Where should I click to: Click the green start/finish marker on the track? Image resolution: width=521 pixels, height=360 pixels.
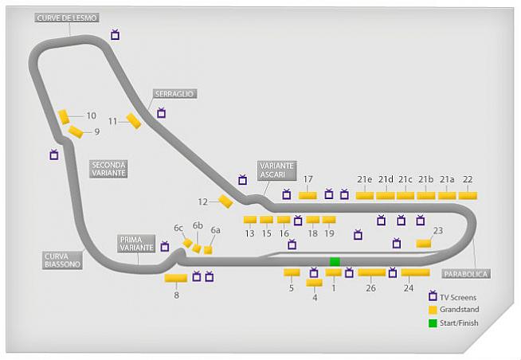pyautogui.click(x=335, y=261)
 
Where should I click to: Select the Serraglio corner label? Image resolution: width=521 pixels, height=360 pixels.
pyautogui.click(x=174, y=94)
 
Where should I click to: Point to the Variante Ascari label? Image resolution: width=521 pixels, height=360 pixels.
pyautogui.click(x=276, y=170)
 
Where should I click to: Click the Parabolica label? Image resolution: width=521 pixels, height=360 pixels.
pyautogui.click(x=466, y=273)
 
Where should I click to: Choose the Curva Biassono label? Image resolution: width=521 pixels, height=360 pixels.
pyautogui.click(x=63, y=260)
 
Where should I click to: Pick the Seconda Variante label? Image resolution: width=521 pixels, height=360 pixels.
pyautogui.click(x=108, y=168)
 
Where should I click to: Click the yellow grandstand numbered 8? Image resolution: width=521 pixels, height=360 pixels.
pyautogui.click(x=175, y=278)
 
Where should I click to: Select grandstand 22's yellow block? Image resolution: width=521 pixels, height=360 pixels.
pyautogui.click(x=468, y=195)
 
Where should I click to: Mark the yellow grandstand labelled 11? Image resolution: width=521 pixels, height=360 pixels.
pyautogui.click(x=133, y=121)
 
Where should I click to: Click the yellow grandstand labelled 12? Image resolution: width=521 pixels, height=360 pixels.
pyautogui.click(x=225, y=202)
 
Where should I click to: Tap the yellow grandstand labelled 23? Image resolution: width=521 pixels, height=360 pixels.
pyautogui.click(x=424, y=243)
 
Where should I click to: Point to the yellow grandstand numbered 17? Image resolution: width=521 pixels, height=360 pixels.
pyautogui.click(x=308, y=195)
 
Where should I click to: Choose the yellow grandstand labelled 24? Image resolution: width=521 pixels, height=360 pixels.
pyautogui.click(x=415, y=272)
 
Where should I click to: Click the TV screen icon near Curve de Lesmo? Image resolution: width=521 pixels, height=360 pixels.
pyautogui.click(x=116, y=35)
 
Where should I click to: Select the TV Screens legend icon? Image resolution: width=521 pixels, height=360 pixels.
pyautogui.click(x=433, y=296)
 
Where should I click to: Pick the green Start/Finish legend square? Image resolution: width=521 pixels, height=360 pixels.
pyautogui.click(x=433, y=323)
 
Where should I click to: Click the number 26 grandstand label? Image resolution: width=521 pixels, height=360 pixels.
pyautogui.click(x=370, y=288)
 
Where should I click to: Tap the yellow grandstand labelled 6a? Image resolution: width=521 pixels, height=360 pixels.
pyautogui.click(x=208, y=249)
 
